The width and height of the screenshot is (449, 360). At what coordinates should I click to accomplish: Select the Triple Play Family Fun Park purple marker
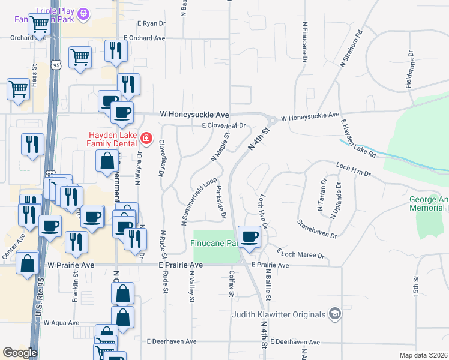[x=83, y=11]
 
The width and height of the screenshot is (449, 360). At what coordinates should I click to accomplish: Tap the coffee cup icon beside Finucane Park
[x=249, y=236]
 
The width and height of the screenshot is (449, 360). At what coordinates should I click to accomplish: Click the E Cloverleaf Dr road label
[x=224, y=126]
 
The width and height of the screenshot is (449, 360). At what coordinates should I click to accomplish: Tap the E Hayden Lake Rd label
[x=358, y=138]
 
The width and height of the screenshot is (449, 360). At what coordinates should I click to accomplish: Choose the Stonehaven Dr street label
[x=316, y=228]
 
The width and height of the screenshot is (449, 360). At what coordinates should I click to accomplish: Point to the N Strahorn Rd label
[x=352, y=47]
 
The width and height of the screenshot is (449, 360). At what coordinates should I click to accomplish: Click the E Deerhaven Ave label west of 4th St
[x=172, y=341]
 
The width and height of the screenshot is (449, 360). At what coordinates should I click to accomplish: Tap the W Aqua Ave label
[x=61, y=323]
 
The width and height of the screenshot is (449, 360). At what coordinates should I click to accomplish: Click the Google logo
[x=20, y=353]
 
